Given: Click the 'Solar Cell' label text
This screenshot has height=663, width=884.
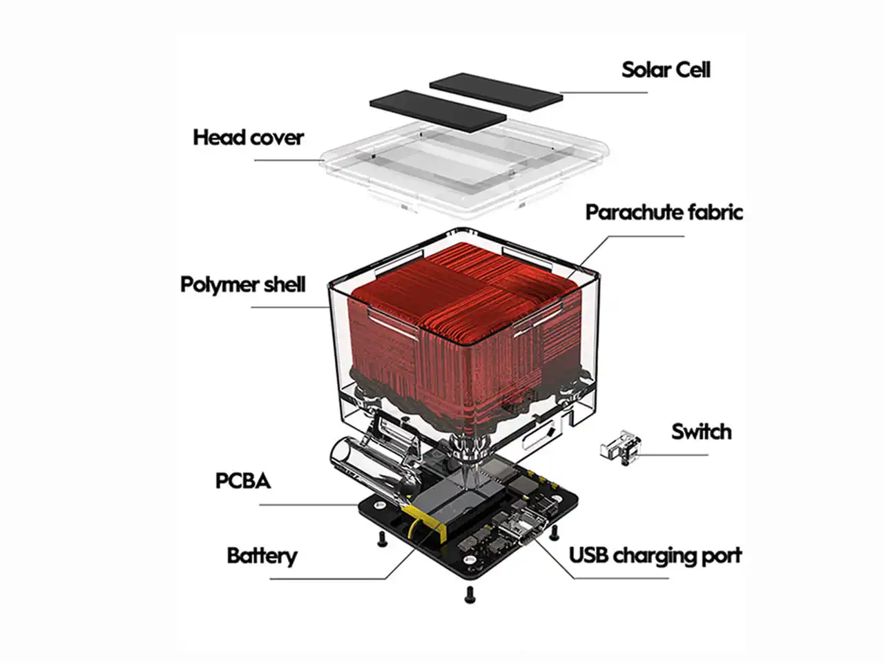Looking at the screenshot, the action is coord(665,70).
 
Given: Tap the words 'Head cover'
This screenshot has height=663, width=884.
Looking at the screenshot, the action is coord(248,137).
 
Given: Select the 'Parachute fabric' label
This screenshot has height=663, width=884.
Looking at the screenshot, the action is coord(664,212).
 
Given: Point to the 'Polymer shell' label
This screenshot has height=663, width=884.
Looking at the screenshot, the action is coord(242,285).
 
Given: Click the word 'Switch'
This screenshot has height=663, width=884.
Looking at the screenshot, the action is coord(701,432).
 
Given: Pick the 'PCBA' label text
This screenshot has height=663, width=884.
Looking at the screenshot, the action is coord(242,481).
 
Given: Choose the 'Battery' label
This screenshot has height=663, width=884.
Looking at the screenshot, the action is coord(262,556).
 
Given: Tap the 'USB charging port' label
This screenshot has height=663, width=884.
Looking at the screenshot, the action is coord(655,555).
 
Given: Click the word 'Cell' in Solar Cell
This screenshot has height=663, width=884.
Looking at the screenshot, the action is coord(689,70).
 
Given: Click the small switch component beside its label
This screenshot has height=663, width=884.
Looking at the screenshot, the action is coord(619,445).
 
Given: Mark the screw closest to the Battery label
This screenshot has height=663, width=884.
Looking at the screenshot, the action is coord(379,541).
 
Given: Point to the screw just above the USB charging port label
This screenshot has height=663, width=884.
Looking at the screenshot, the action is coord(553,532).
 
